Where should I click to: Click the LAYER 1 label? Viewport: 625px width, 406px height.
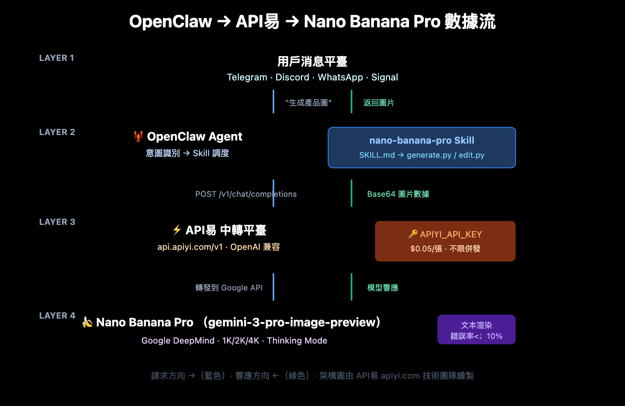click(57, 58)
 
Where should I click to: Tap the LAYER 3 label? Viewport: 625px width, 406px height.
click(57, 222)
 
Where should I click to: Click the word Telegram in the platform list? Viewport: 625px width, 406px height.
click(247, 77)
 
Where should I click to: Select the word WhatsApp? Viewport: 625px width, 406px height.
click(340, 77)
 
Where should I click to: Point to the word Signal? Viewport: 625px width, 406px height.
click(384, 77)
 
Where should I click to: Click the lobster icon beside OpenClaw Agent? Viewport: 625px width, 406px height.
click(138, 136)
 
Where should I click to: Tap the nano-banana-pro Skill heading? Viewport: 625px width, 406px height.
click(421, 141)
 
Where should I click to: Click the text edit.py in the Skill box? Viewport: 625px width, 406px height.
click(471, 155)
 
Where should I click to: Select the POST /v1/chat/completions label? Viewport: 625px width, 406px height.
click(246, 194)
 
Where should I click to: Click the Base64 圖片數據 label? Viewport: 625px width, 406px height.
click(398, 194)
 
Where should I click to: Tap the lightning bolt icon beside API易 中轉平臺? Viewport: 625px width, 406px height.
click(177, 230)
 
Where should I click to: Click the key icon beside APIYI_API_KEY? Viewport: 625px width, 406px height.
click(413, 234)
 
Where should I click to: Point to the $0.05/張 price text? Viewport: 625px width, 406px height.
click(426, 249)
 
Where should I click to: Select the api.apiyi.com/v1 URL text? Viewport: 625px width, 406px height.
click(190, 247)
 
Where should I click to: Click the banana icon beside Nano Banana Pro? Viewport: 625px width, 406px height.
click(87, 322)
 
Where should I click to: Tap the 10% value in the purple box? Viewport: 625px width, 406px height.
click(494, 336)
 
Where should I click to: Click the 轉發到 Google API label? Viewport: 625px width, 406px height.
click(229, 288)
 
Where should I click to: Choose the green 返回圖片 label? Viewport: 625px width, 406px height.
click(379, 103)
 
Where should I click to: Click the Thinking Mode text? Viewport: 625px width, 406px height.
click(297, 341)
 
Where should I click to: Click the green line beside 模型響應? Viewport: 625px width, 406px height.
click(352, 287)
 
